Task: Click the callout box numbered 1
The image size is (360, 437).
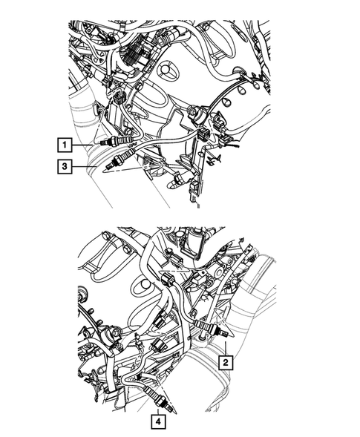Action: [x=66, y=144]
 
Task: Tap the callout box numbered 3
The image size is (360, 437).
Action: [x=66, y=168]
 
